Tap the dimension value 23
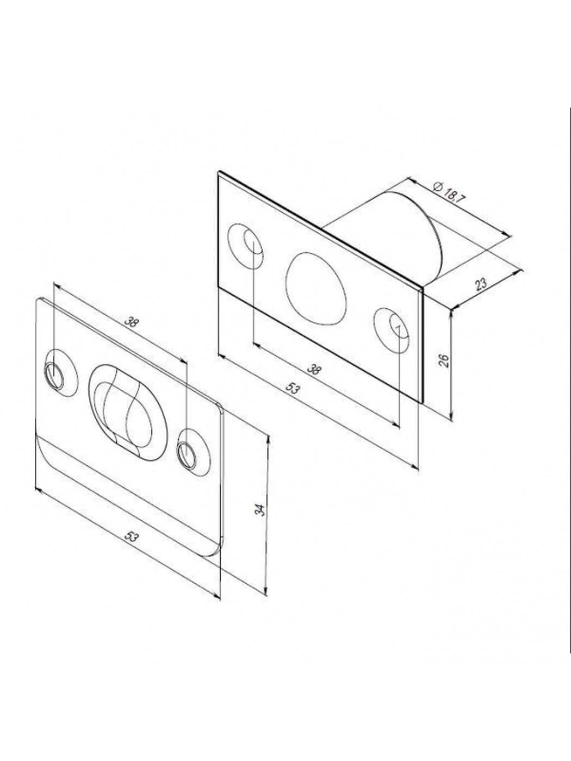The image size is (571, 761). pyautogui.click(x=481, y=284)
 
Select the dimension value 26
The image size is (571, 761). pyautogui.click(x=445, y=360)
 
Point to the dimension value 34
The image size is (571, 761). pyautogui.click(x=262, y=509)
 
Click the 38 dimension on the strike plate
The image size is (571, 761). pyautogui.click(x=131, y=322)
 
